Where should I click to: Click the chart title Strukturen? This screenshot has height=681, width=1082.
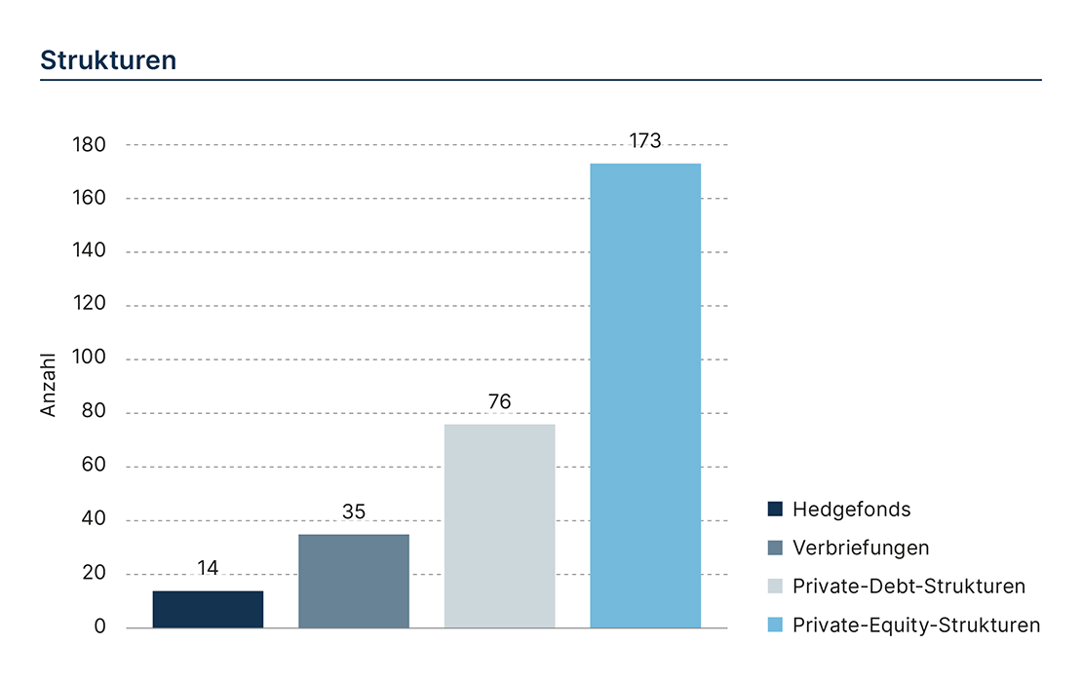(108, 60)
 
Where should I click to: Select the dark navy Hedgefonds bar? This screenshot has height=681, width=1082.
(208, 609)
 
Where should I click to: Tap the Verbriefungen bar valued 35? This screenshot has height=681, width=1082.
(354, 581)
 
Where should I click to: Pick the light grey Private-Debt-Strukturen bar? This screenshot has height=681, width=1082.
(499, 526)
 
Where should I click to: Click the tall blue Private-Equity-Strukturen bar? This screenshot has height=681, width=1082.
(645, 396)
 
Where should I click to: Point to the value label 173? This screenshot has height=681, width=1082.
(645, 141)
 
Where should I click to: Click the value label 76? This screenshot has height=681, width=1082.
(499, 401)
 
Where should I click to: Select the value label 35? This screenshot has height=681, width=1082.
(354, 511)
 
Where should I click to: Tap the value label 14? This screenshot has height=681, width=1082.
(208, 568)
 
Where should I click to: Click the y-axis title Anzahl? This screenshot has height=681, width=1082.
(49, 386)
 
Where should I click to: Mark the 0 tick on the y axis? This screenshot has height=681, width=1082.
(100, 627)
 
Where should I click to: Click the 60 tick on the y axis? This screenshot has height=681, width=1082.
(94, 467)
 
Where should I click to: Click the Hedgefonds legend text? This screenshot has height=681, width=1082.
(851, 509)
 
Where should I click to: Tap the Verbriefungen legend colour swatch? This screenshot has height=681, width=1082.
(775, 548)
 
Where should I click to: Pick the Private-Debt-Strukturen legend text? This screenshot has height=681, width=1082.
(908, 586)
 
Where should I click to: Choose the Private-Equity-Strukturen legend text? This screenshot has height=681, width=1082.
(916, 625)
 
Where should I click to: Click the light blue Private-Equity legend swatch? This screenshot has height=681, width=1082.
(775, 625)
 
